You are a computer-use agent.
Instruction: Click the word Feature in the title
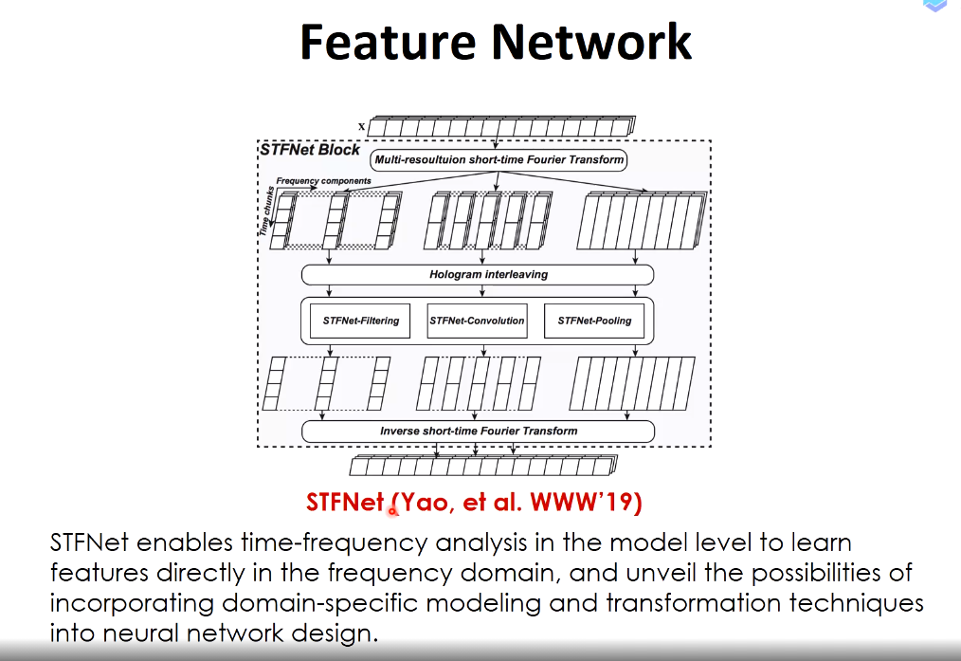tap(388, 42)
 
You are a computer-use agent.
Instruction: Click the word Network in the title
tap(591, 42)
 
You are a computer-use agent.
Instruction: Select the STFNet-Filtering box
tap(360, 321)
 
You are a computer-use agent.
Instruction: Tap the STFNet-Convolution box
tap(477, 321)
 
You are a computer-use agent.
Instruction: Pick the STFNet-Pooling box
tap(594, 321)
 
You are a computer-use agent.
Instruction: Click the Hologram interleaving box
tap(478, 275)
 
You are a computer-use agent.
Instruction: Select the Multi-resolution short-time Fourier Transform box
tap(499, 160)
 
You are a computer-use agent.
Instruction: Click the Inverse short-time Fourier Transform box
tap(478, 431)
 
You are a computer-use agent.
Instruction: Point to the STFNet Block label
tap(310, 150)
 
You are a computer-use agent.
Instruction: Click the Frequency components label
tap(323, 181)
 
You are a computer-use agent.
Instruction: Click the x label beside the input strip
tap(362, 127)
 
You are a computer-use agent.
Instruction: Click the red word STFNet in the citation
tap(345, 503)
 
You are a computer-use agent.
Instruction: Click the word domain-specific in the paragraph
tap(319, 603)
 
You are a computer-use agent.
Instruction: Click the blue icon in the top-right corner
tap(935, 6)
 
